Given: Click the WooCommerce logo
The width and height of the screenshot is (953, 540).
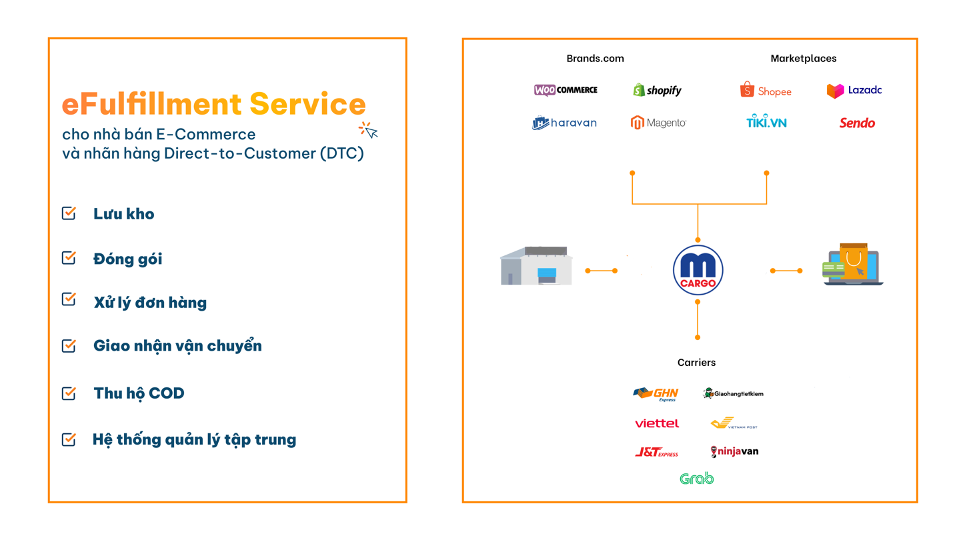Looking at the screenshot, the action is click(566, 90).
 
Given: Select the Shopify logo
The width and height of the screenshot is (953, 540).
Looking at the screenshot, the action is click(658, 90).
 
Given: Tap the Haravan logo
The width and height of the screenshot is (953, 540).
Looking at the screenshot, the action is click(565, 123).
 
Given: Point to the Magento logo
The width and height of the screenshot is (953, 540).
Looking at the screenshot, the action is click(658, 123).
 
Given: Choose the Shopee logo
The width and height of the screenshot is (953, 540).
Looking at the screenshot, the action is click(766, 90).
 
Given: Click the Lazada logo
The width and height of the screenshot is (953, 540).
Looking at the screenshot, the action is click(854, 90).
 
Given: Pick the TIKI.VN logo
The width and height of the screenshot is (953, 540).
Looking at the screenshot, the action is click(767, 121).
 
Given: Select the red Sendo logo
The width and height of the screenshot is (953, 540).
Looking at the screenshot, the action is click(857, 123).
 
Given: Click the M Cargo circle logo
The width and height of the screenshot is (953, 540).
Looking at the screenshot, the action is click(698, 271).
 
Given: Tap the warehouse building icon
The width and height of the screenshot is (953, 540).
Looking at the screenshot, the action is click(536, 265).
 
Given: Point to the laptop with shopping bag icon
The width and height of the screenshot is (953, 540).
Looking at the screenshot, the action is click(852, 264).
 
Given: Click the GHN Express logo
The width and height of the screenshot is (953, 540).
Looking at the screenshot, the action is click(656, 394).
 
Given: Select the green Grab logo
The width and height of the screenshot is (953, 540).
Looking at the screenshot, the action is click(696, 479).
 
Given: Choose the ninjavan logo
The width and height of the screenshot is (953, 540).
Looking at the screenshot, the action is click(734, 451).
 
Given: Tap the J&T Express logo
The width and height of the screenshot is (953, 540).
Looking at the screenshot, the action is click(656, 452).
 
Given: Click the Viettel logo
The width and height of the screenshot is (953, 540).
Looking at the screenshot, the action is click(656, 423).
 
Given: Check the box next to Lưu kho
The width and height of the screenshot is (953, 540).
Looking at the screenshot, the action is click(69, 213).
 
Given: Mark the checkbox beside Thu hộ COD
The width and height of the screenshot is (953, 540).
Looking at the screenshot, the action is click(69, 393).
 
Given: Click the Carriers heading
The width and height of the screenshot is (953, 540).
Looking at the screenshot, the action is click(696, 362).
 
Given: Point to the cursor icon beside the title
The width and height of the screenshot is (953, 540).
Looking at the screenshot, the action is click(368, 130).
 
